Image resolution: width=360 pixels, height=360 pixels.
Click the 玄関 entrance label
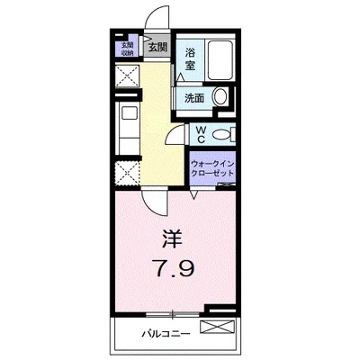click(157, 47)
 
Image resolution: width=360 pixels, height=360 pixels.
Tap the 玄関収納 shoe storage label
click(127, 49)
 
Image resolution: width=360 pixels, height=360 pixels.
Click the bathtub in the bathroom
click(220, 59)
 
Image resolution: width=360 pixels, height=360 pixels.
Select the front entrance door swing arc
click(159, 20)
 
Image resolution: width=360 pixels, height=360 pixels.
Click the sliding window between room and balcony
click(171, 314)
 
